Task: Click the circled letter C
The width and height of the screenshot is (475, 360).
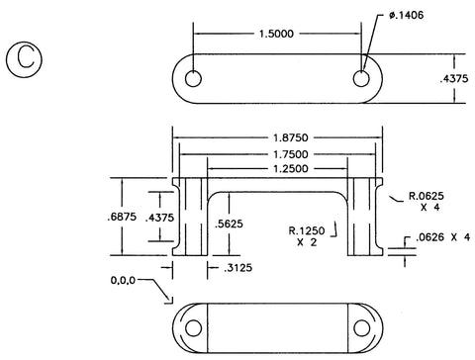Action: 24,59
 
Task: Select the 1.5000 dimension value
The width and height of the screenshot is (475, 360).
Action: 276,34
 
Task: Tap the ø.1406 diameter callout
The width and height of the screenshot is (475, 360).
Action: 406,15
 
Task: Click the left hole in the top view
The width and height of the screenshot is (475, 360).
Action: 193,79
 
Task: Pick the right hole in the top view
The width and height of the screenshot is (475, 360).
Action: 361,79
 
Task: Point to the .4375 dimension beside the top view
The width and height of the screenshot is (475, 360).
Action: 454,78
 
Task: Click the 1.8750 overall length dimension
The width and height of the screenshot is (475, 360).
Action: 291,137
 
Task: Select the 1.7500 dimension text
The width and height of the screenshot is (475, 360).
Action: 291,154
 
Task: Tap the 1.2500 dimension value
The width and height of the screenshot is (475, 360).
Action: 291,169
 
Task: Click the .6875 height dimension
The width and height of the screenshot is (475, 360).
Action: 122,217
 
